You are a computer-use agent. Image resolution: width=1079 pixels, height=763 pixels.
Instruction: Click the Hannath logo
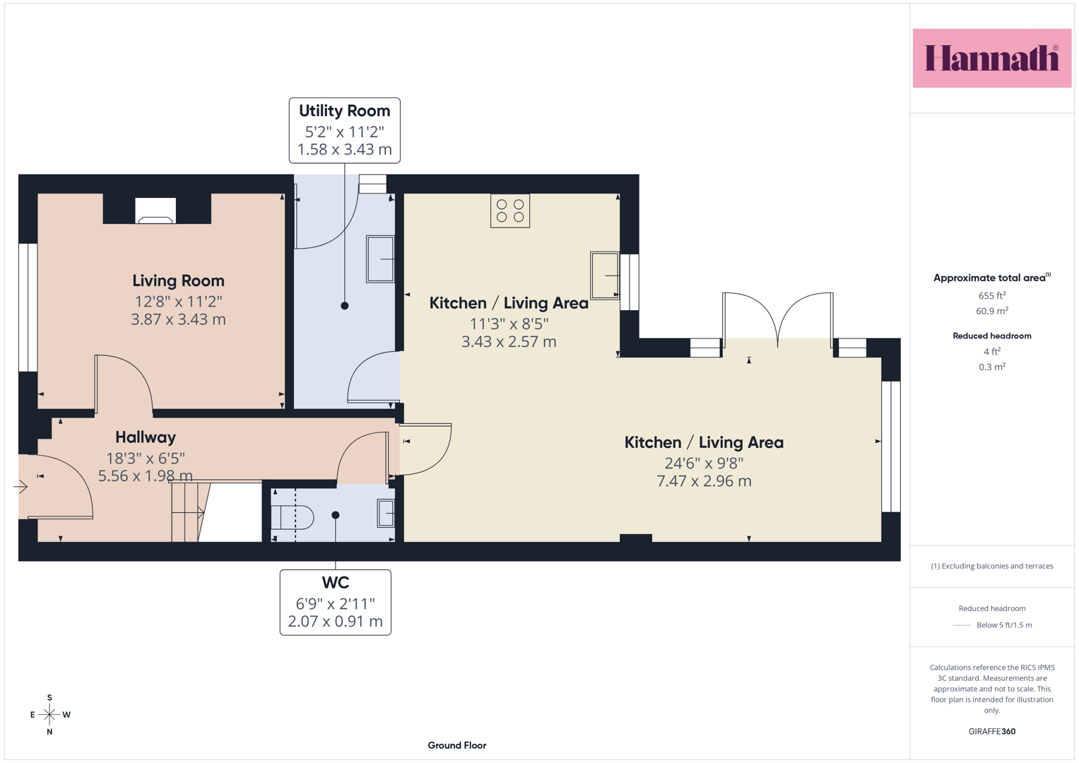pyautogui.click(x=992, y=58)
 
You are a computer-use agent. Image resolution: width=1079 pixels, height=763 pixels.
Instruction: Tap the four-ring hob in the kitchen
pyautogui.click(x=510, y=211)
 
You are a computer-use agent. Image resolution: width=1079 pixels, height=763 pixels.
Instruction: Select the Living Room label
pyautogui.click(x=178, y=280)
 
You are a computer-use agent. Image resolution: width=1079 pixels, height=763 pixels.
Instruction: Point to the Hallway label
pyautogui.click(x=146, y=437)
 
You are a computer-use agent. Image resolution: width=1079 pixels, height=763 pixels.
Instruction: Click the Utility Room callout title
pyautogui.click(x=344, y=111)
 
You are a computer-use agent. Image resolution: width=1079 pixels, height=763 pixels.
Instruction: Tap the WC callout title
pyautogui.click(x=335, y=582)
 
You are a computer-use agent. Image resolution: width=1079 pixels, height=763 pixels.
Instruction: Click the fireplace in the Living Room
pyautogui.click(x=155, y=211)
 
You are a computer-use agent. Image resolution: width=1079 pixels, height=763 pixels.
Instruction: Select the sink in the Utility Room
pyautogui.click(x=380, y=259)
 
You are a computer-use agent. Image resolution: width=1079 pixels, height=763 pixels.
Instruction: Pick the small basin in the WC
pyautogui.click(x=386, y=513)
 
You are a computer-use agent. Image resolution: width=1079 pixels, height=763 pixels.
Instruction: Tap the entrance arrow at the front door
pyautogui.click(x=20, y=487)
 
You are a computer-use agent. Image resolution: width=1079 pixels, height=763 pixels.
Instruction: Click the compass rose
pyautogui.click(x=49, y=714)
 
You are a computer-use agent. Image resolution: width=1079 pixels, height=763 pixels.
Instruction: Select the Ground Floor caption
pyautogui.click(x=457, y=745)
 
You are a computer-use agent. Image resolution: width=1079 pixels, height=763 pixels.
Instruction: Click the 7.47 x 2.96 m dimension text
pyautogui.click(x=704, y=480)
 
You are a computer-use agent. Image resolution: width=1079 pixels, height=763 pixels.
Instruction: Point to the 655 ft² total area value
pyautogui.click(x=992, y=295)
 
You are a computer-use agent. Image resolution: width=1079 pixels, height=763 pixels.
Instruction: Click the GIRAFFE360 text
pyautogui.click(x=992, y=731)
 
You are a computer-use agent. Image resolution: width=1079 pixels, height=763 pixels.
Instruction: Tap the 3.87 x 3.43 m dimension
pyautogui.click(x=178, y=319)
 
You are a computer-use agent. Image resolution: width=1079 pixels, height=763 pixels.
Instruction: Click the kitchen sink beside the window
pyautogui.click(x=605, y=276)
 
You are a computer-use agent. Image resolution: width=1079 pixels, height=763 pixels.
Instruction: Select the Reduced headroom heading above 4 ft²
pyautogui.click(x=992, y=336)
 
